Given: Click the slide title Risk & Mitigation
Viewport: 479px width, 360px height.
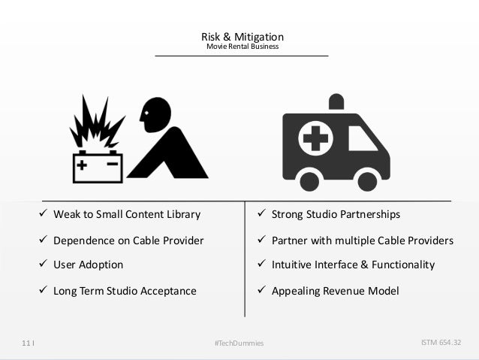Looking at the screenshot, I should pyautogui.click(x=242, y=36).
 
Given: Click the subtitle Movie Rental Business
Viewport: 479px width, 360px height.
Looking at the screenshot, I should pyautogui.click(x=242, y=47).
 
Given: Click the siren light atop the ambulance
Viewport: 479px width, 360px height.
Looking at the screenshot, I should pyautogui.click(x=336, y=101).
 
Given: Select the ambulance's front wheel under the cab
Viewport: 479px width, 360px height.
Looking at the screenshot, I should pyautogui.click(x=367, y=180).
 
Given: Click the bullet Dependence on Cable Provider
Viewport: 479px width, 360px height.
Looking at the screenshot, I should pyautogui.click(x=128, y=241).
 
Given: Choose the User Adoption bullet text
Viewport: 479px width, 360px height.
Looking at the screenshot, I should pyautogui.click(x=88, y=265).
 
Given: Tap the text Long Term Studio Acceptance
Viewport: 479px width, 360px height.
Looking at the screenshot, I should pyautogui.click(x=125, y=291).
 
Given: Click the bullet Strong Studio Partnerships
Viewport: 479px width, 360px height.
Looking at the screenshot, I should pyautogui.click(x=335, y=215).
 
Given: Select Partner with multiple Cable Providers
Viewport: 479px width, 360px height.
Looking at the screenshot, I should pyautogui.click(x=362, y=241).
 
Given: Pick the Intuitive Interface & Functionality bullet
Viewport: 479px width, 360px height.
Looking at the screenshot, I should pyautogui.click(x=352, y=265).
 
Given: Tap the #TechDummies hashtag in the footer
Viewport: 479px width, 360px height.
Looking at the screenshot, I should pyautogui.click(x=239, y=343).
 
